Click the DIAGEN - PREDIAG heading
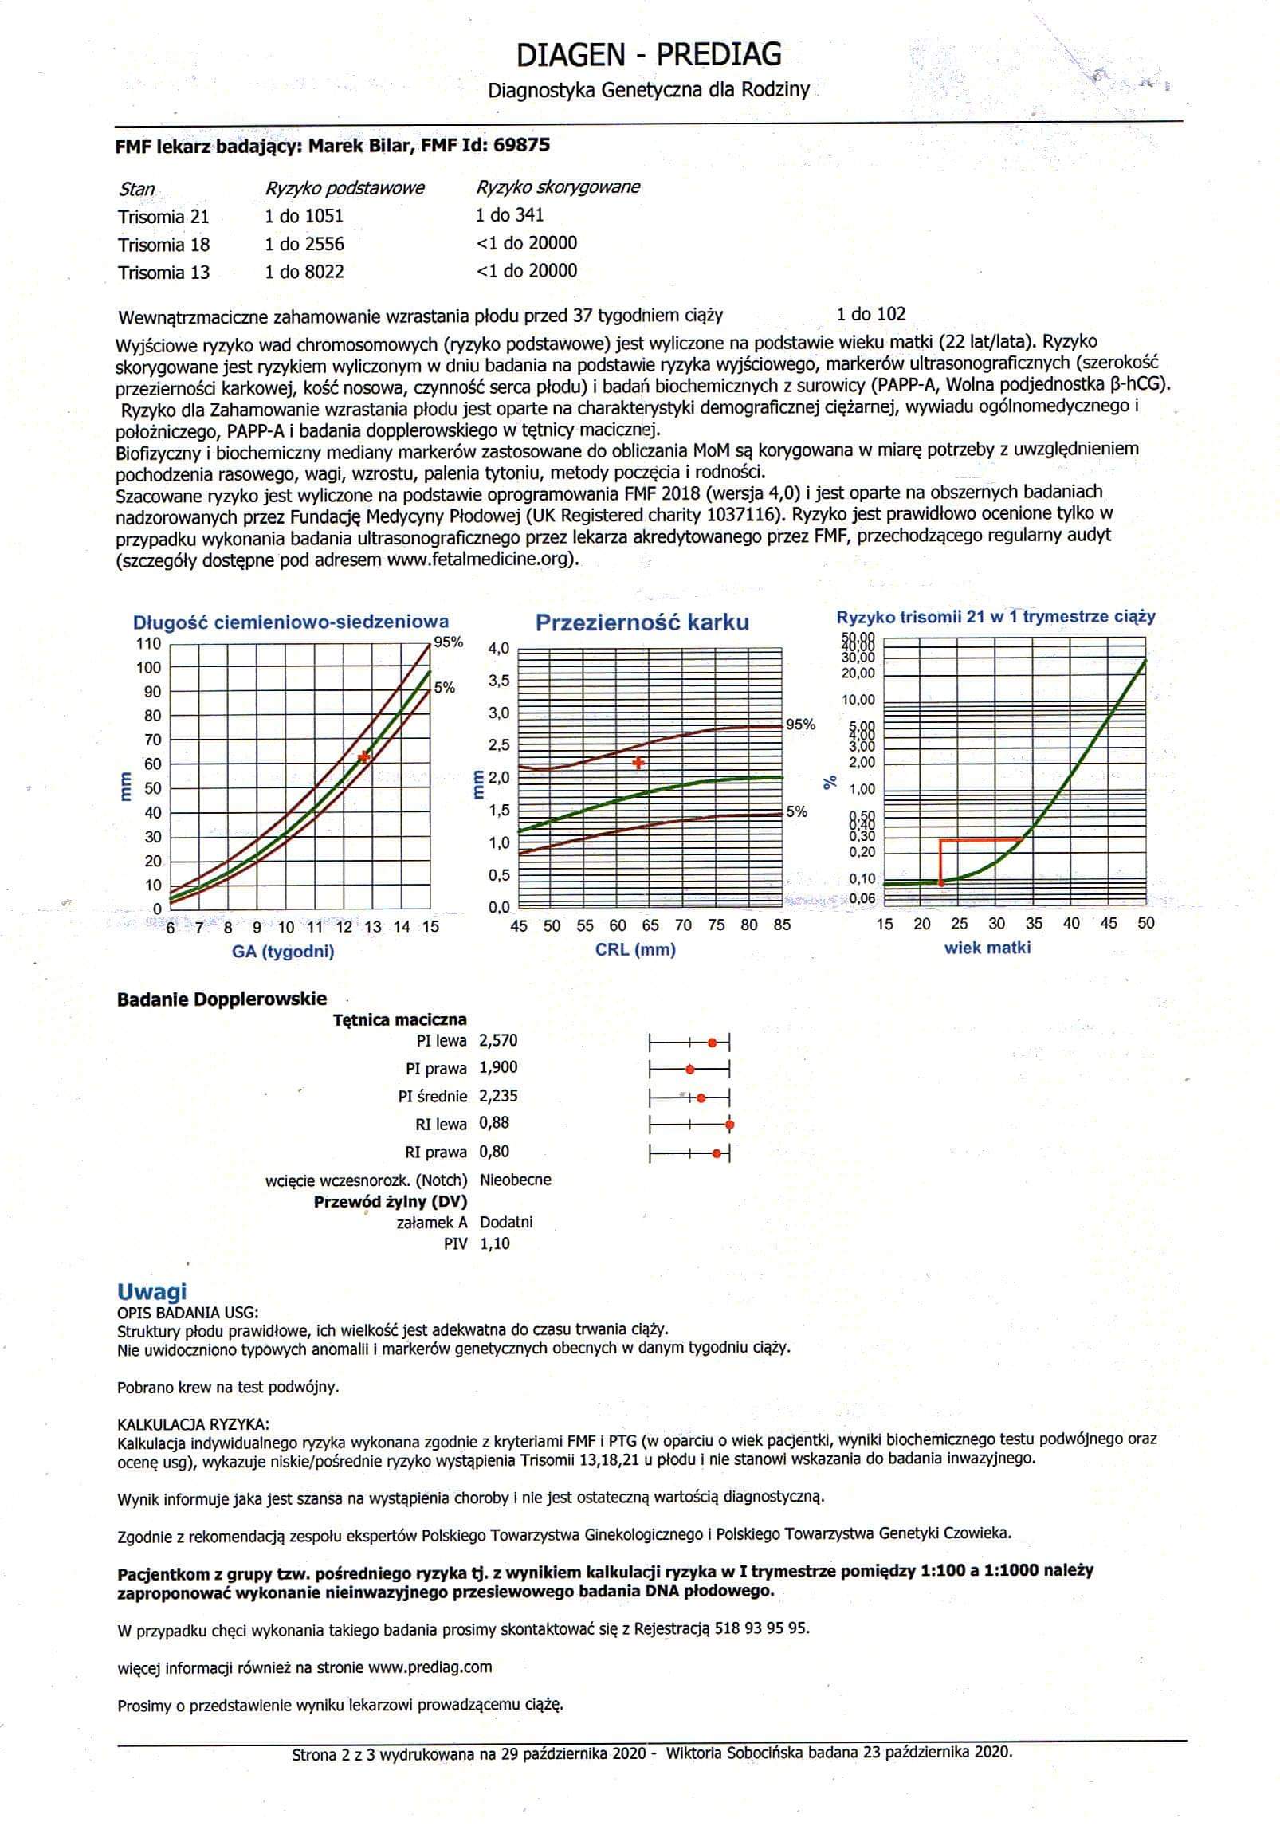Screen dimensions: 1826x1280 click(x=649, y=55)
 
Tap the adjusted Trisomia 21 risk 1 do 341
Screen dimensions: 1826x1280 click(x=510, y=214)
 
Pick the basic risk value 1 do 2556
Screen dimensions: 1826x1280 click(x=304, y=244)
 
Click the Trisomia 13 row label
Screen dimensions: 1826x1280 click(x=163, y=273)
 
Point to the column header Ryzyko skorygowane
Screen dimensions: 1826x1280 click(x=558, y=187)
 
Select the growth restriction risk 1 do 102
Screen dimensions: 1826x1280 click(x=871, y=314)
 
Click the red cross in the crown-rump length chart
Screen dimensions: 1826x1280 click(x=364, y=756)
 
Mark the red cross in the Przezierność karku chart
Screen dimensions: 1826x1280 click(x=638, y=763)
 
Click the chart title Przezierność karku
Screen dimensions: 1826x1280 click(x=642, y=622)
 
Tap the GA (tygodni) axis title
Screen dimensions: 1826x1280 click(x=283, y=951)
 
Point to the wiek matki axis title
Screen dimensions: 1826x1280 click(x=987, y=948)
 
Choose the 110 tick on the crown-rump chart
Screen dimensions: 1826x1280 click(x=149, y=644)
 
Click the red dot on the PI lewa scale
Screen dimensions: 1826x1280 click(x=713, y=1042)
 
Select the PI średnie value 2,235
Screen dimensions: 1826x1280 click(x=498, y=1096)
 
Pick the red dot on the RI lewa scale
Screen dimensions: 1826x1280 click(x=729, y=1125)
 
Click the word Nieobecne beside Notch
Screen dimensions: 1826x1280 click(x=515, y=1180)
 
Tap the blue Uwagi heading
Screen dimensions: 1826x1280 click(x=151, y=1292)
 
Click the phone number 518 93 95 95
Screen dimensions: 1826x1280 click(x=762, y=1628)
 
